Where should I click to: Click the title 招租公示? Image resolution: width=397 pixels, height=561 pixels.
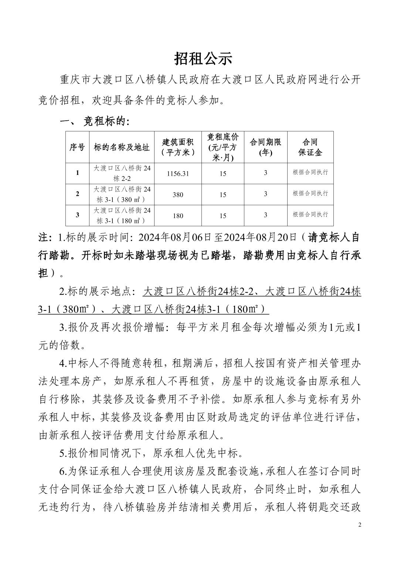tap(203, 59)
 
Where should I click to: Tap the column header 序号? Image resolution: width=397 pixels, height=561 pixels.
tap(77, 147)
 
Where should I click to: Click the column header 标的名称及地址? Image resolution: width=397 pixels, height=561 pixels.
tap(122, 147)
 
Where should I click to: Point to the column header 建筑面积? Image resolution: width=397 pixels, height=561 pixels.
tap(178, 147)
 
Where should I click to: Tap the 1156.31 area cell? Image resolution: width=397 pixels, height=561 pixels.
tap(178, 173)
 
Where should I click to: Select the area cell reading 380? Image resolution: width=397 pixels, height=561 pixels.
tap(178, 195)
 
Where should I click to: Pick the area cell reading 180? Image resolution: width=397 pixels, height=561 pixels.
tap(178, 216)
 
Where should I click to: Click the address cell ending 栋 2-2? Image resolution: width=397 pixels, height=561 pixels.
tap(122, 173)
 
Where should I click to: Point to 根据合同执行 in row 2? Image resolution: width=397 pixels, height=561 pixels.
tap(310, 193)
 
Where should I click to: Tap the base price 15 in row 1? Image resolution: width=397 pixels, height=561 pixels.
tap(223, 173)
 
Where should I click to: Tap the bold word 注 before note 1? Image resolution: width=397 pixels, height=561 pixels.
tap(44, 237)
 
